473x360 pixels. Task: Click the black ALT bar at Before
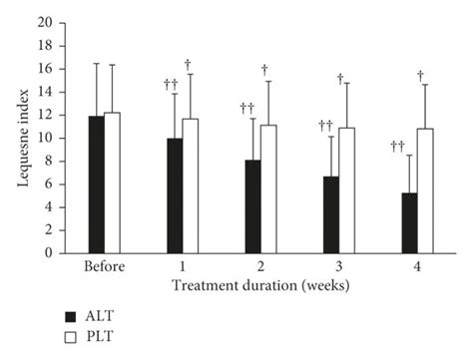click(96, 184)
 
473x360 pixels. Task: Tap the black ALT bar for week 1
click(175, 195)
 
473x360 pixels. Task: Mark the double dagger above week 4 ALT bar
click(398, 147)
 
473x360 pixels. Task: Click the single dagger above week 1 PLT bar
click(188, 64)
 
